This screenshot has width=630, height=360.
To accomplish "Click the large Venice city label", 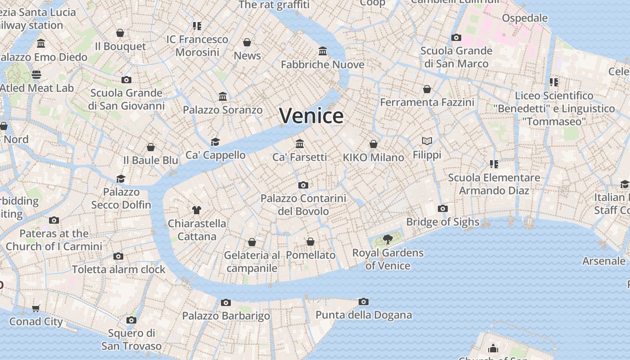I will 311,116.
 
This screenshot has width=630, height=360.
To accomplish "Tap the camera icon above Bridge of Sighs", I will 443,209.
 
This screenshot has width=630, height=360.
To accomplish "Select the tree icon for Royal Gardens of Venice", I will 387,239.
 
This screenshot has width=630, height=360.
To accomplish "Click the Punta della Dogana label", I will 364,315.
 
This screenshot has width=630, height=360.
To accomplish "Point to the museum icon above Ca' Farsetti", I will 300,144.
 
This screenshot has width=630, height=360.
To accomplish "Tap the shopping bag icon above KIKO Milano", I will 373,144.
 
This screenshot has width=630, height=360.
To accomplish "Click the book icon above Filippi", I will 427,141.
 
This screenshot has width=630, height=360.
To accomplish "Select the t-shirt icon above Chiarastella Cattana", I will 197,210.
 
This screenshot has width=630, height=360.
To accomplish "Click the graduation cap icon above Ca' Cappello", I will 216,142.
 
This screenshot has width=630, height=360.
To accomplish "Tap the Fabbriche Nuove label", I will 323,64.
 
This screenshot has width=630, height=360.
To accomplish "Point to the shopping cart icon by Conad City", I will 36,308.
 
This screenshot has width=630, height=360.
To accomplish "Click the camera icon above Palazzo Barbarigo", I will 226,302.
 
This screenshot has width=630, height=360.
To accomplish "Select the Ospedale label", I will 525,18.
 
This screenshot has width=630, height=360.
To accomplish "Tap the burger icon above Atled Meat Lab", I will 36,75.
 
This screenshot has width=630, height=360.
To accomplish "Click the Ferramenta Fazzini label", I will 427,102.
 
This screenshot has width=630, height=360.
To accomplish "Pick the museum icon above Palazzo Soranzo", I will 223,97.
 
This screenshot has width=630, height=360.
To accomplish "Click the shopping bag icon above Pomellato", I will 310,242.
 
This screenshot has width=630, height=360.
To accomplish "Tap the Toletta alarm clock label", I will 119,269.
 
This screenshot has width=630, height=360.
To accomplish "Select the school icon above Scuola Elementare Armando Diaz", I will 494,164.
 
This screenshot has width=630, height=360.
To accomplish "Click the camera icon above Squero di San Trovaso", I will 131,320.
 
